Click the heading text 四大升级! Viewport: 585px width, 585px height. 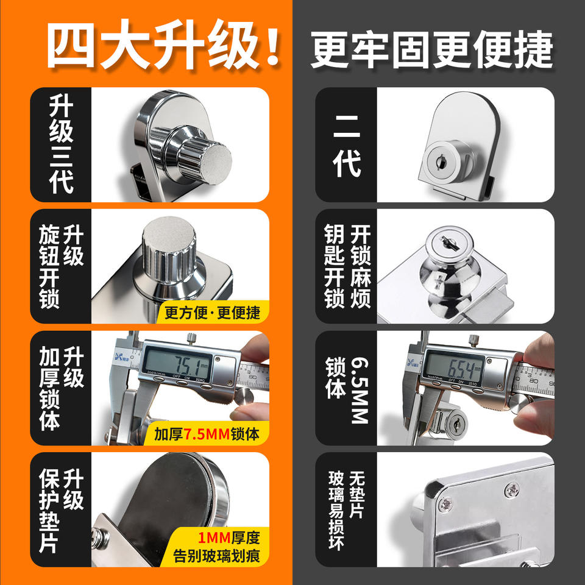(163, 44)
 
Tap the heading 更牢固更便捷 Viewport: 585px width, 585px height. (431, 49)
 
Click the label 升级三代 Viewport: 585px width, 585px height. (61, 144)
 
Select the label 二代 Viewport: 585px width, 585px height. (347, 145)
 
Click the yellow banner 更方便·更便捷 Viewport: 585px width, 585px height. (212, 313)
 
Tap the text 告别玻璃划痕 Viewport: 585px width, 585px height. (216, 556)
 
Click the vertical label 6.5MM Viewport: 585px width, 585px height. (360, 390)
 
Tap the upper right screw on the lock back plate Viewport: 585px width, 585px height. (512, 489)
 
